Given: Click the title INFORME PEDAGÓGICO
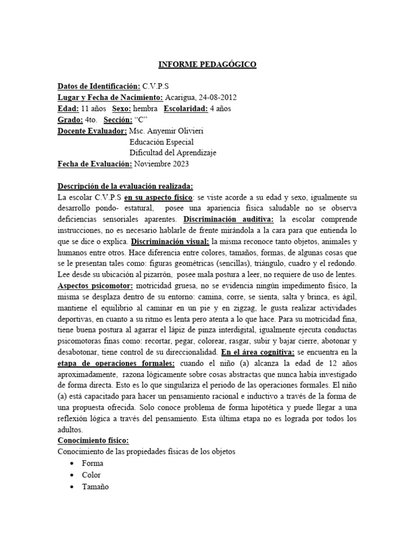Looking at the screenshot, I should tap(207, 65).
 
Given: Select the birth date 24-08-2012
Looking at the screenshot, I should tap(216, 97).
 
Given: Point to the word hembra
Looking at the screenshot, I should tap(145, 109).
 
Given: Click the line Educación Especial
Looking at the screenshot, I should tap(163, 142).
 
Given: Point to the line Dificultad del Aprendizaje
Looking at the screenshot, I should tap(173, 153).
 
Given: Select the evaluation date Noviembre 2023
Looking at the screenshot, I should tap(162, 164).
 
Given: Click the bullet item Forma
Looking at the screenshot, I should tap(92, 463).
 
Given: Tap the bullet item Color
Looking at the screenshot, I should tap(91, 475).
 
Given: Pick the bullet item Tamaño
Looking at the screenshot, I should tap(95, 486).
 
